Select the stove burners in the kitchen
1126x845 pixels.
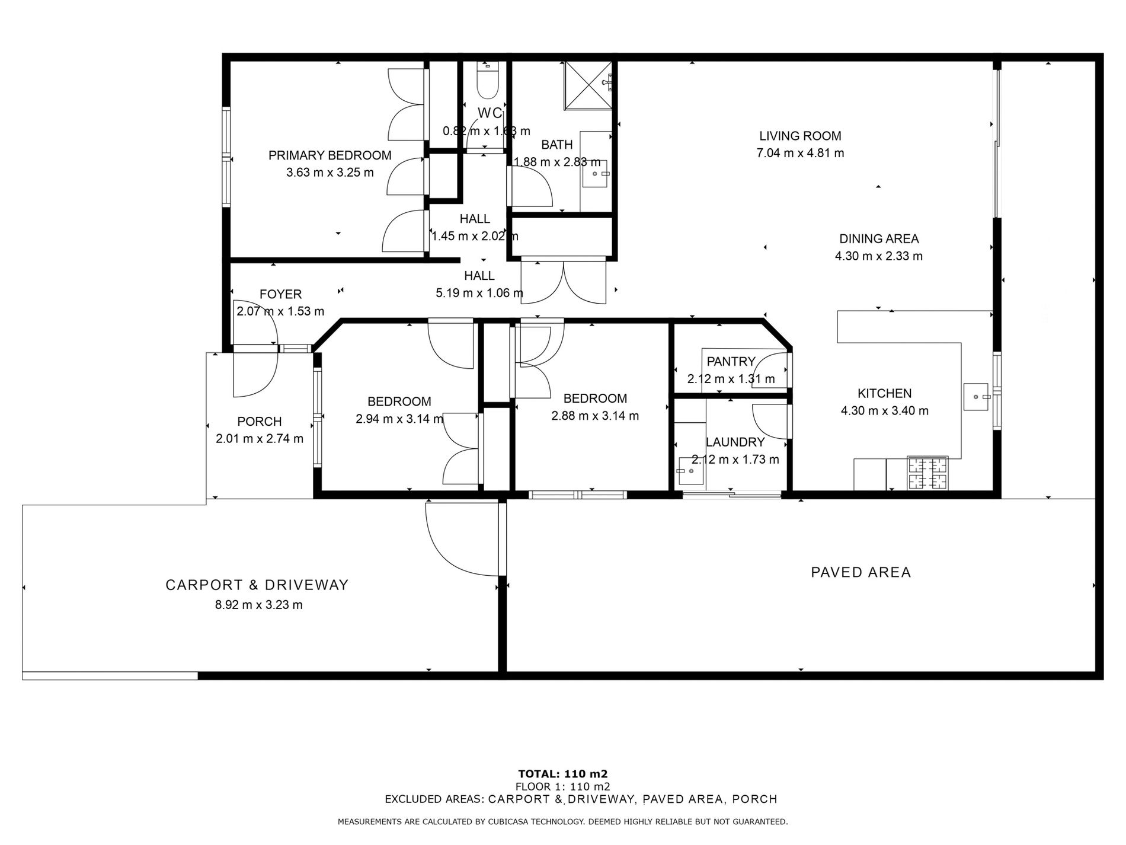[x=927, y=474]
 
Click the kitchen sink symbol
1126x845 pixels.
[x=977, y=397]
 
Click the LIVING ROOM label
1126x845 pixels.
[x=800, y=136]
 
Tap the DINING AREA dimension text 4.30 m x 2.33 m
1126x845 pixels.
[x=878, y=256]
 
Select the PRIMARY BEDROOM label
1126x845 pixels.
[x=330, y=155]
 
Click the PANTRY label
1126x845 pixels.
[x=731, y=361]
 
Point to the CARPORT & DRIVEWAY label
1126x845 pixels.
[x=257, y=585]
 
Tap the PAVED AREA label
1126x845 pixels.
[x=861, y=572]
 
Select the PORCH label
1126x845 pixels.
[x=259, y=422]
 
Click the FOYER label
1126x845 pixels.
[x=280, y=294]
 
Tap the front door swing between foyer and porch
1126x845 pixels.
[x=255, y=374]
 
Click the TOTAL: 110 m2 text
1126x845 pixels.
[x=562, y=773]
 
